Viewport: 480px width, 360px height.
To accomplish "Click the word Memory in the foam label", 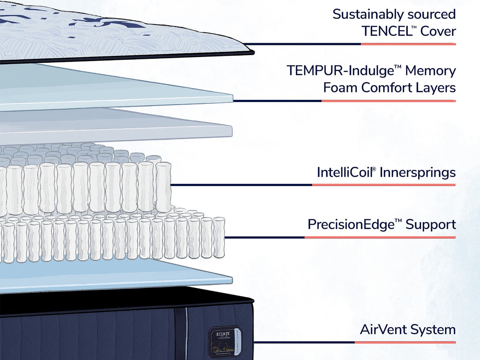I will click(431, 70).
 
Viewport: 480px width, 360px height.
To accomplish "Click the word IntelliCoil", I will click(346, 172).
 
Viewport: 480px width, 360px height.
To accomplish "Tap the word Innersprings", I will click(417, 172).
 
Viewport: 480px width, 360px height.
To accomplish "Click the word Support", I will click(431, 224).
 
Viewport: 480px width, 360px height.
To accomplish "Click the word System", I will click(436, 330).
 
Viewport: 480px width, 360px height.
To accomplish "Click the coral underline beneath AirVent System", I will click(405, 342).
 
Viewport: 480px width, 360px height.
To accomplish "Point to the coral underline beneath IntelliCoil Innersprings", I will click(384, 185).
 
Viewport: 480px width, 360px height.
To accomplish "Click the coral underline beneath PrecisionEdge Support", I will click(380, 237).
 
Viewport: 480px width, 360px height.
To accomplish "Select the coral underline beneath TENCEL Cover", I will click(408, 44).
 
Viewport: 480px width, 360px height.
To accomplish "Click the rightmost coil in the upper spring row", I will click(163, 187).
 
